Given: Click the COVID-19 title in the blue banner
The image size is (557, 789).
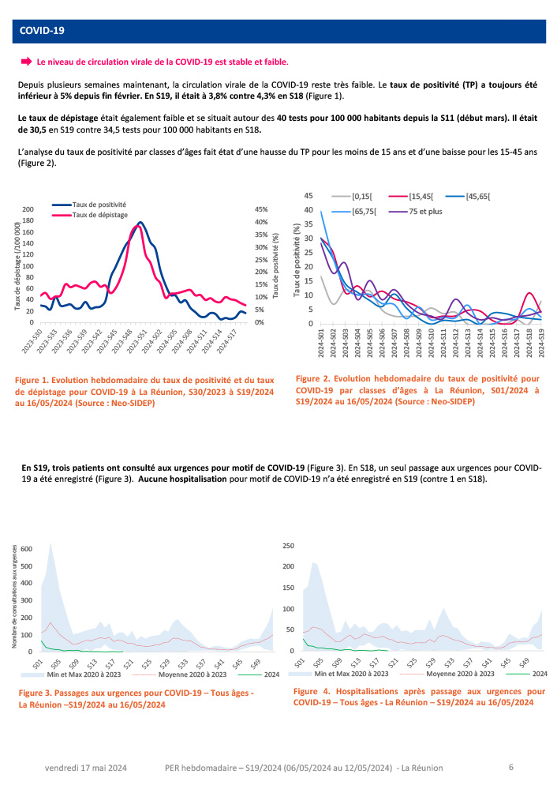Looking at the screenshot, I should (42, 31).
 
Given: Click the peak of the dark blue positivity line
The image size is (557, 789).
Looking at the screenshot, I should (140, 223).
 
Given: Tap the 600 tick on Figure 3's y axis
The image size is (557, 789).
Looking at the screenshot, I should (27, 548).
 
